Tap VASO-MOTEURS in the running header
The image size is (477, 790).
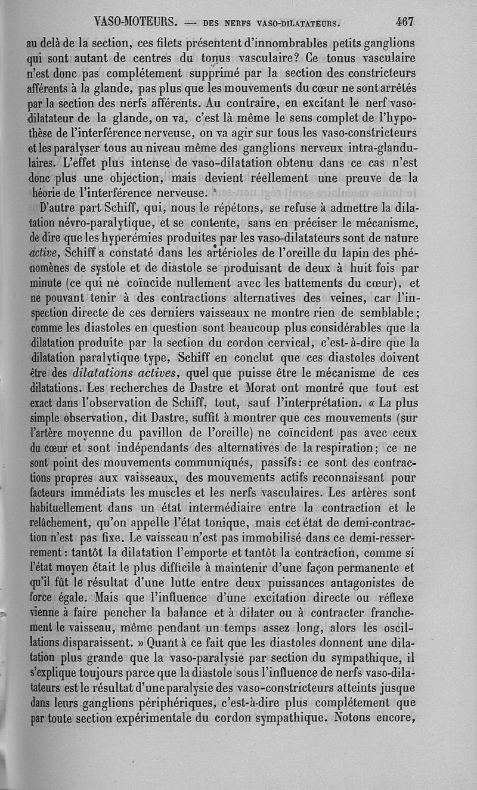(136, 23)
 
